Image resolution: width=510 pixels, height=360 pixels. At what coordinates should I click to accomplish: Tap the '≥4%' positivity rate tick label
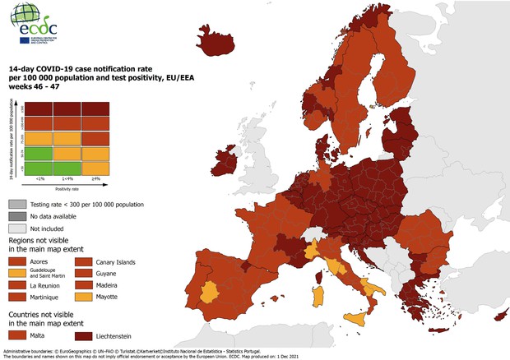coord(96,178)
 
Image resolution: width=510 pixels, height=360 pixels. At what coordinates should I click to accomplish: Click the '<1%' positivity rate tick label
coord(39,178)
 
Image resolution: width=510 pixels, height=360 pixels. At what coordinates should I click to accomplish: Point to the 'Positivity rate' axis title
coord(67,187)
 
